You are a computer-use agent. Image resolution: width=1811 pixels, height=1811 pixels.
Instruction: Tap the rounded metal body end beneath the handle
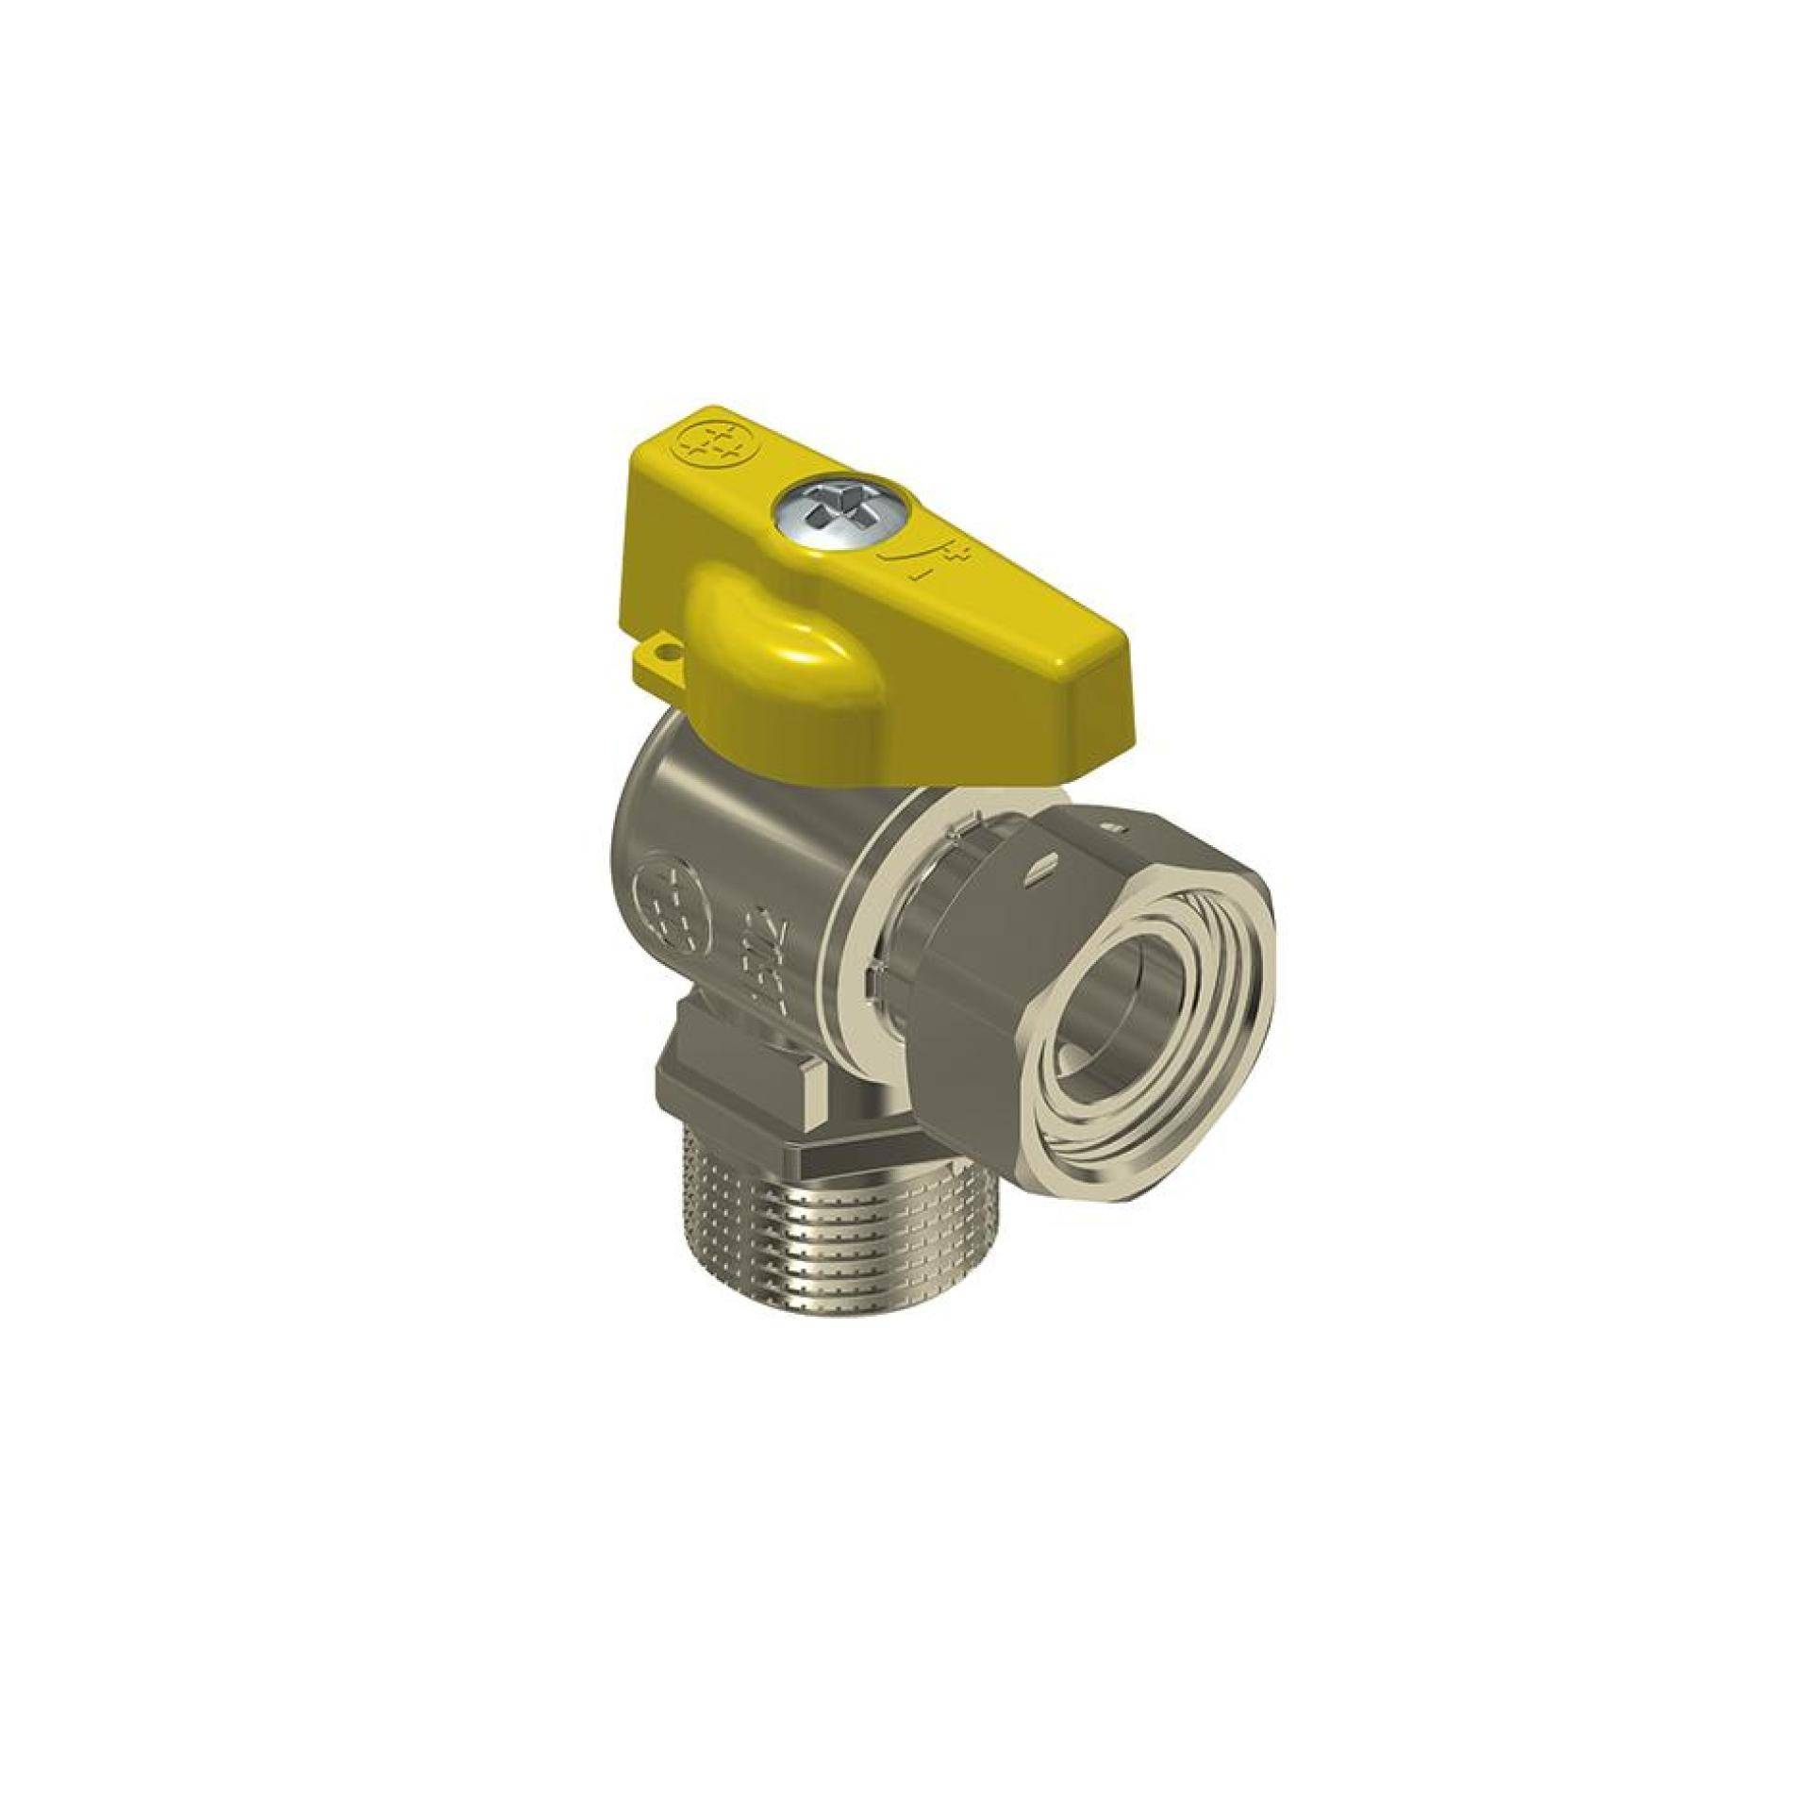[x=651, y=783]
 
